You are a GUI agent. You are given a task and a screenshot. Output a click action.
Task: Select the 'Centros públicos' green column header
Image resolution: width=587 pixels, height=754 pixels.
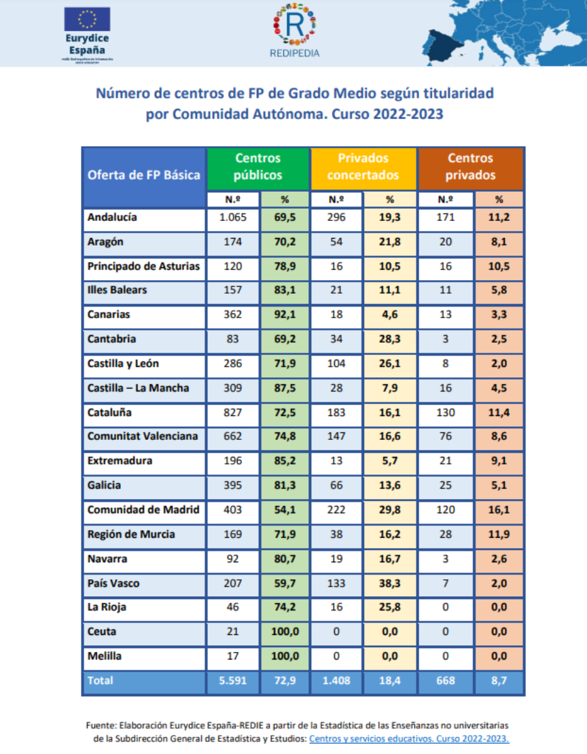pyautogui.click(x=257, y=167)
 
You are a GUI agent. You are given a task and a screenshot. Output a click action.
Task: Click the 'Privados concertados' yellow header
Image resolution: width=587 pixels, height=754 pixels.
pyautogui.click(x=363, y=167)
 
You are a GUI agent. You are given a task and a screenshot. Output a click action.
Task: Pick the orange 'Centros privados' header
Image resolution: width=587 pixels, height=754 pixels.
pyautogui.click(x=470, y=167)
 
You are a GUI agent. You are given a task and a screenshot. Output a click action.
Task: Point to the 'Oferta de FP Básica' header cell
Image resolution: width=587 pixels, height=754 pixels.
pyautogui.click(x=144, y=175)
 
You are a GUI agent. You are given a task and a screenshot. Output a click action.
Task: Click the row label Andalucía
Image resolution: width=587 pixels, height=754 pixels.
pyautogui.click(x=113, y=218)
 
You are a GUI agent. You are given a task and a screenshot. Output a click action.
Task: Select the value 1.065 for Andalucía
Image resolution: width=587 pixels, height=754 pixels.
pyautogui.click(x=233, y=218)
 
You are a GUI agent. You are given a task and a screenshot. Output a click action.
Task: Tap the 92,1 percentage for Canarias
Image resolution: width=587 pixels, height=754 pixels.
pyautogui.click(x=284, y=315)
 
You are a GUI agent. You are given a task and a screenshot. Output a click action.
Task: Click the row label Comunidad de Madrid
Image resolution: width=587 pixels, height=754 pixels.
pyautogui.click(x=143, y=510)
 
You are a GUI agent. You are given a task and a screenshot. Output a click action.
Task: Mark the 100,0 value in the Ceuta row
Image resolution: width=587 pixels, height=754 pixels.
pyautogui.click(x=284, y=632)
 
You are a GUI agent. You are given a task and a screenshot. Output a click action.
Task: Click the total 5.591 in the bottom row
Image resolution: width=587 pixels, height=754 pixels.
pyautogui.click(x=233, y=680)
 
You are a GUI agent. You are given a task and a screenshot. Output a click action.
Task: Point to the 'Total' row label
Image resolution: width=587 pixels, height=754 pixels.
pyautogui.click(x=101, y=680)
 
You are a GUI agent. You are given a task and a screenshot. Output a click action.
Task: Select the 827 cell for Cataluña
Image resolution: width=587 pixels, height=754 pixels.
pyautogui.click(x=233, y=413)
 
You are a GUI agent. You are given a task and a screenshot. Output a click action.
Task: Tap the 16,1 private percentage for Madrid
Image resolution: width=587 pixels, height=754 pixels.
pyautogui.click(x=499, y=510)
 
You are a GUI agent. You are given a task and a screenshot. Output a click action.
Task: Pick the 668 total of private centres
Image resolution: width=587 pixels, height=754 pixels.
pyautogui.click(x=446, y=680)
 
